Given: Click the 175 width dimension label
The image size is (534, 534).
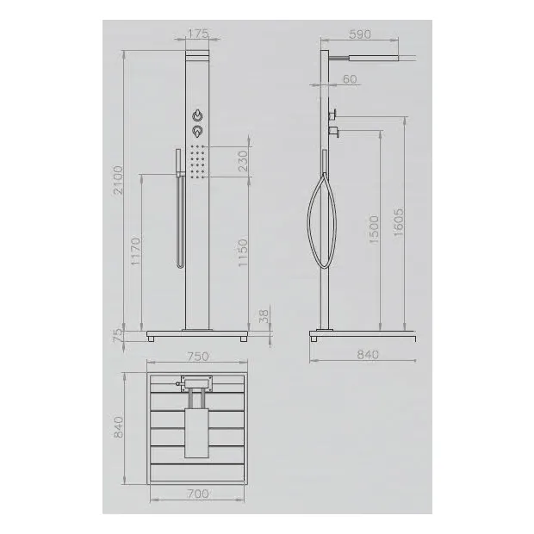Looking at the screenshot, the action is [198, 34].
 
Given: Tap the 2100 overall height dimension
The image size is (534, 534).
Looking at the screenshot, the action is [118, 180].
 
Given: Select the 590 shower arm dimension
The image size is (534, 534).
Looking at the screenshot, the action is [360, 34].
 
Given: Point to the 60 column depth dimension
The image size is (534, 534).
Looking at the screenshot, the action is [350, 79].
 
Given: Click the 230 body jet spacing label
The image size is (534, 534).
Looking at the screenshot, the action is [243, 161].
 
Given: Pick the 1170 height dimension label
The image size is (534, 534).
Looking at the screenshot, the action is [135, 251].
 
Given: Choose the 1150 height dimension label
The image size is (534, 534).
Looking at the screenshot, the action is [243, 252].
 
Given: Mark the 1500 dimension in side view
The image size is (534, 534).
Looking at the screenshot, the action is [374, 229].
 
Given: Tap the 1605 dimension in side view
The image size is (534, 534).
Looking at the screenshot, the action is [398, 222].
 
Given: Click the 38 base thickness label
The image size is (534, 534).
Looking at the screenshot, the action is [264, 316].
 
